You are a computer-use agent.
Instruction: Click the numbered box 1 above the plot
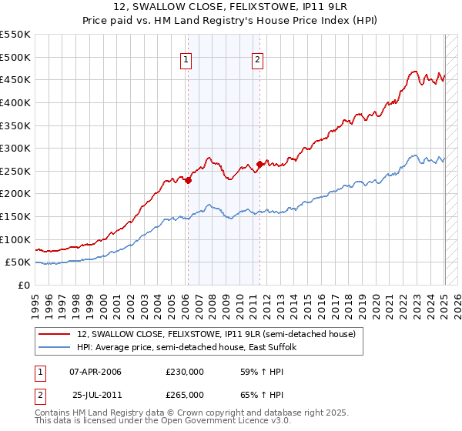[187, 62]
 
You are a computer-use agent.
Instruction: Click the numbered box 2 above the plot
[258, 62]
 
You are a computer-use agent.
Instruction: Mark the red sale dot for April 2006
[188, 180]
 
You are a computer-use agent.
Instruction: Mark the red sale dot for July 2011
[260, 164]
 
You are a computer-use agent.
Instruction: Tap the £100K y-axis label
[17, 239]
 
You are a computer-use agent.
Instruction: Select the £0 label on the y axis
[23, 285]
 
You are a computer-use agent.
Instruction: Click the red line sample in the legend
[55, 335]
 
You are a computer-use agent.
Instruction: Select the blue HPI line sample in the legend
[55, 348]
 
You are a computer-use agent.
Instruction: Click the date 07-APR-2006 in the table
[95, 372]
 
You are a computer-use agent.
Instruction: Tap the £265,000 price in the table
[184, 395]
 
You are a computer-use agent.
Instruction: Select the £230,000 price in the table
[184, 372]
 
